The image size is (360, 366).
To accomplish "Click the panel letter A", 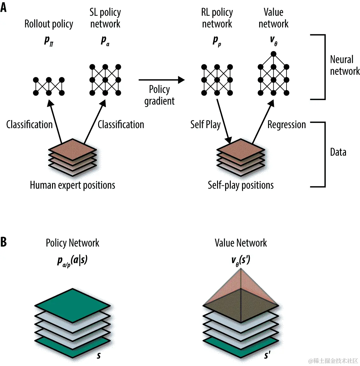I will [3, 7].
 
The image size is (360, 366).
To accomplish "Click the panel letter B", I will [3, 242].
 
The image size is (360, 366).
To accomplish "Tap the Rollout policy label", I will [49, 24].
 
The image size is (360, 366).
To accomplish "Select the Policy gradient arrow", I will [161, 80].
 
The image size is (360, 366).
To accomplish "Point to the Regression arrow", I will [263, 122].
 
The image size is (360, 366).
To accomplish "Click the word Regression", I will [287, 125].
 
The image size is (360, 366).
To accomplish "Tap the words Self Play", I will [206, 125].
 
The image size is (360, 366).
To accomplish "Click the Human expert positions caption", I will [73, 185].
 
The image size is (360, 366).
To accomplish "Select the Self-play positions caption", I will [241, 185].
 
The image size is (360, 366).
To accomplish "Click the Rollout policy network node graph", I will [49, 86].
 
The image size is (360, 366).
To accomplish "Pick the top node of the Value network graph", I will [273, 54].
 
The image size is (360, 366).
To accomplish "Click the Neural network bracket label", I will [344, 65].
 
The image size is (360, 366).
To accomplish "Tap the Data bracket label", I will [338, 152].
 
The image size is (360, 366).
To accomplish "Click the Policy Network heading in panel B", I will [73, 243].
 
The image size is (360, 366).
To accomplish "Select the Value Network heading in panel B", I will [241, 243].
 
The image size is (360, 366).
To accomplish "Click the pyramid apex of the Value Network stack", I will [241, 270].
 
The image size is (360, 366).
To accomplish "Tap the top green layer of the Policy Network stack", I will [73, 305].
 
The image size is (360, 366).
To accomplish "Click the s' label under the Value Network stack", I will [268, 355].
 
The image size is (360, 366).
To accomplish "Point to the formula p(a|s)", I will [73, 260].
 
